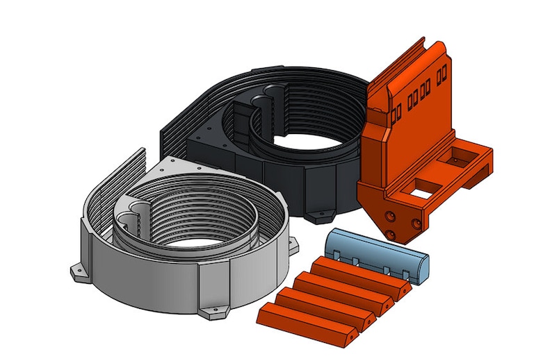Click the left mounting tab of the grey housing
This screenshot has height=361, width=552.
(x=79, y=271)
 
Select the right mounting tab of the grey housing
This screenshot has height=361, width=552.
(x=293, y=243)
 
